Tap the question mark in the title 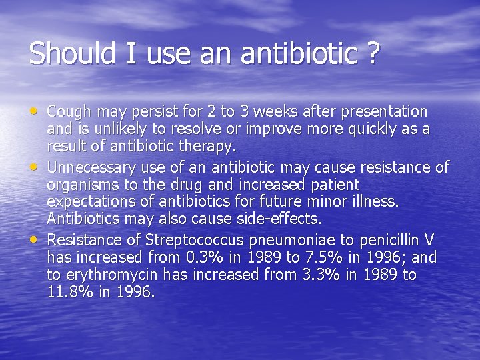coord(373,53)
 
